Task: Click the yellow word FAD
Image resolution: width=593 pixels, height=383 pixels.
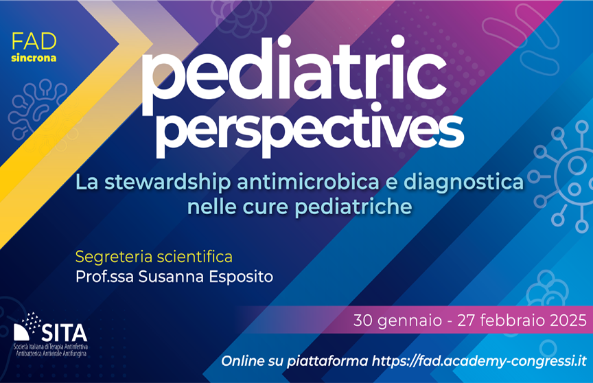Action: coord(34,42)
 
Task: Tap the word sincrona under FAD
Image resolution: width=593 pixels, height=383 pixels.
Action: coord(34,58)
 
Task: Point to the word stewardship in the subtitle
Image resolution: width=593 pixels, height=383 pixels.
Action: coord(167,183)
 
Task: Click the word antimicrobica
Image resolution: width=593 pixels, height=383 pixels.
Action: coord(308,182)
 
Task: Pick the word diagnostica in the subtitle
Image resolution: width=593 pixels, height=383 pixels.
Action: coord(464,183)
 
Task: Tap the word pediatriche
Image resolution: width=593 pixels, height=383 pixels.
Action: coord(353,207)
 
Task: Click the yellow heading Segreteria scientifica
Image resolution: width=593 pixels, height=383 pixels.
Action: coord(154,257)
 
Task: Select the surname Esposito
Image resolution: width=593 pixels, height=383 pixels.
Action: coord(241,277)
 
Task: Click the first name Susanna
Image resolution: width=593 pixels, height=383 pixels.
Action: coord(172,277)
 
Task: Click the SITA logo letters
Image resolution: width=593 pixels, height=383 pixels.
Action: coord(64,333)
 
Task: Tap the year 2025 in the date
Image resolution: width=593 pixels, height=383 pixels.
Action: coord(568,321)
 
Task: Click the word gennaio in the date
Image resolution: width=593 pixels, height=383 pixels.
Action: coord(410,321)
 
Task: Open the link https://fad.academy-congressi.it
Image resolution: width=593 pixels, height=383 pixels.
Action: coord(479,361)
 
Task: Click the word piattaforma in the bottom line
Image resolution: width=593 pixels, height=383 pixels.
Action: coord(327,362)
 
